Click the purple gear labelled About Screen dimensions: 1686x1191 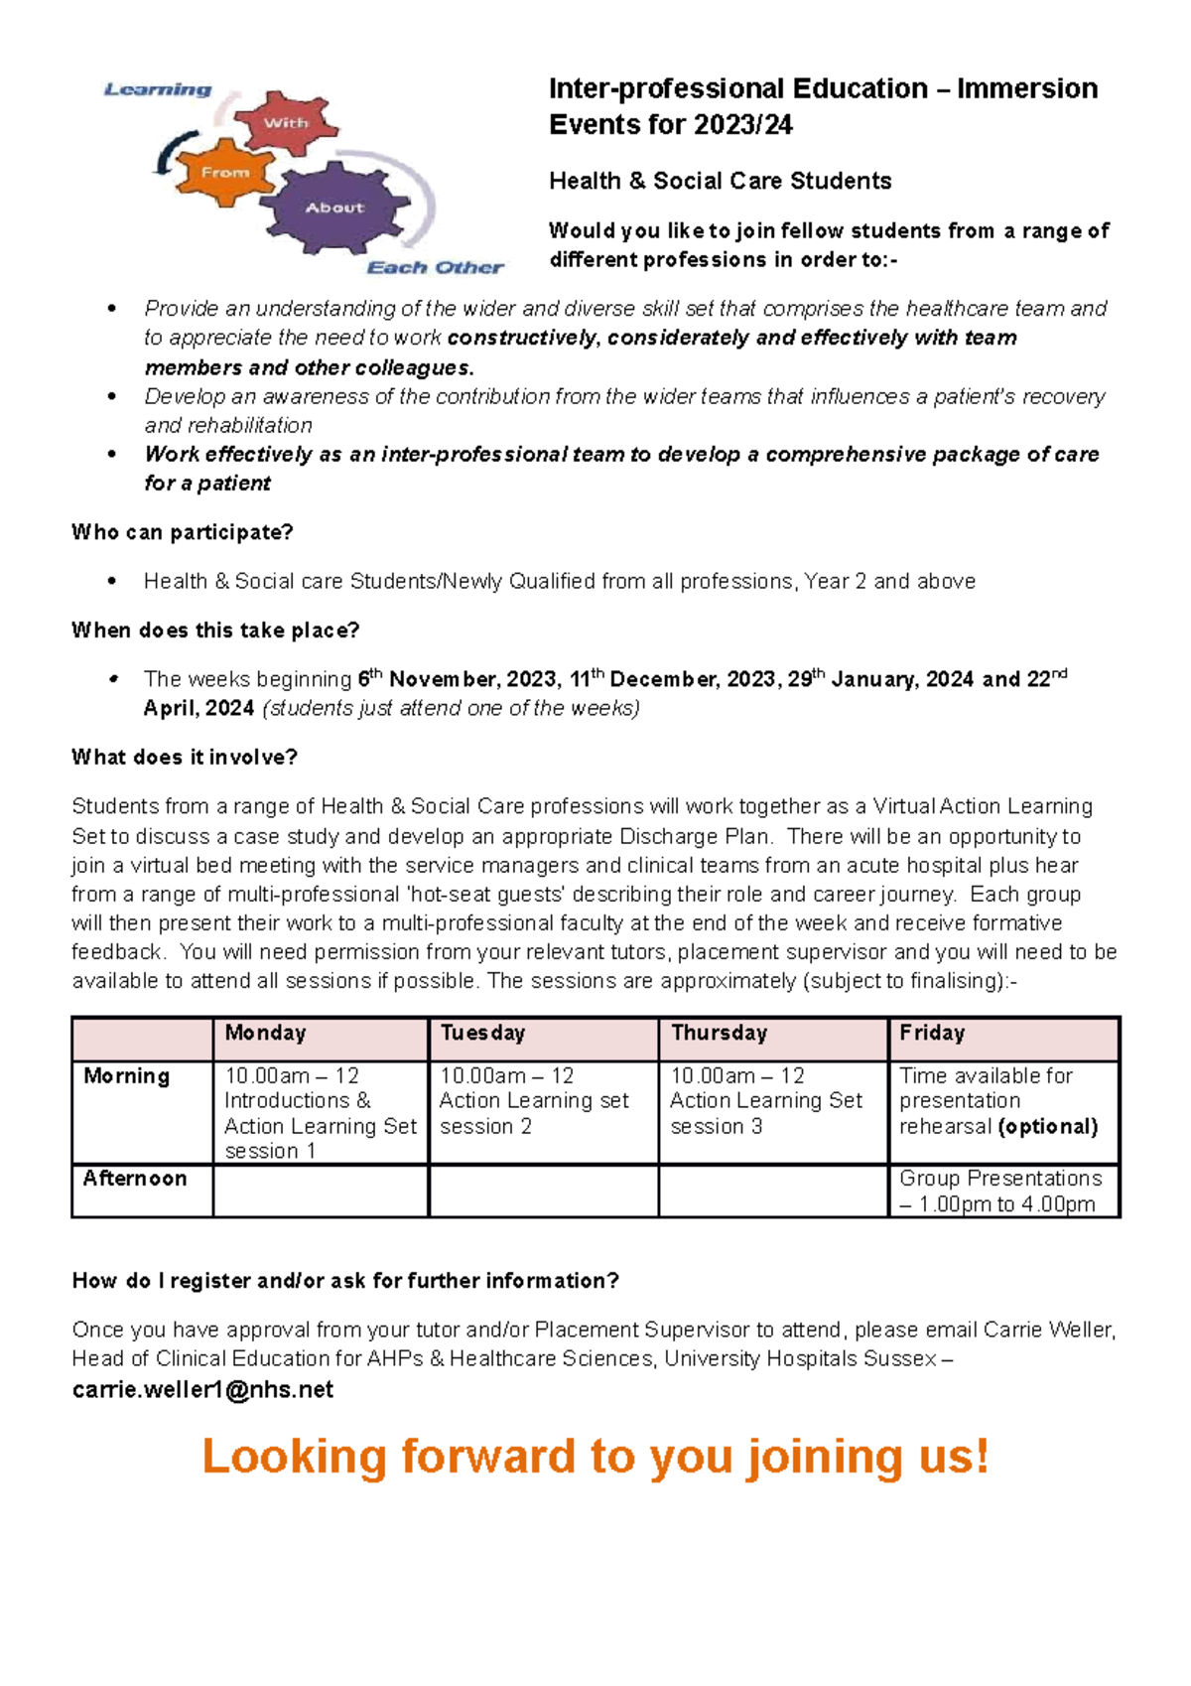pos(334,209)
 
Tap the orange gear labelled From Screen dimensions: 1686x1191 pos(225,173)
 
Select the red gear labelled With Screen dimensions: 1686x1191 pos(286,123)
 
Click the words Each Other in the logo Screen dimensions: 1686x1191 pos(435,267)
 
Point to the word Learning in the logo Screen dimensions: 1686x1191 pos(158,89)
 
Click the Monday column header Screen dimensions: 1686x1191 pos(265,1033)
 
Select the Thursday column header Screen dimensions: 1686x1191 pos(719,1033)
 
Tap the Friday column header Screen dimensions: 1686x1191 pos(931,1033)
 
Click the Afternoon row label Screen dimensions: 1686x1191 pos(135,1179)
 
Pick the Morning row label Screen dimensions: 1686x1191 pos(126,1076)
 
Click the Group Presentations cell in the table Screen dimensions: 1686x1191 pos(999,1191)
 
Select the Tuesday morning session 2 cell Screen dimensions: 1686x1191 pos(534,1101)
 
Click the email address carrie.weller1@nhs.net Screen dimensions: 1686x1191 pos(202,1389)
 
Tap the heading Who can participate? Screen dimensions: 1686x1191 pos(182,532)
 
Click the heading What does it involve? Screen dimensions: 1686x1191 pos(185,758)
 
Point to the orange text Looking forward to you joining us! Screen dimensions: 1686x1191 pos(595,1457)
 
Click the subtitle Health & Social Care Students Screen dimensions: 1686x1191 pos(720,181)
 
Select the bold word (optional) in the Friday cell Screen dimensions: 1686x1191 pos(1048,1127)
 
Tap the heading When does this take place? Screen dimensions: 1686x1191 pos(215,631)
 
